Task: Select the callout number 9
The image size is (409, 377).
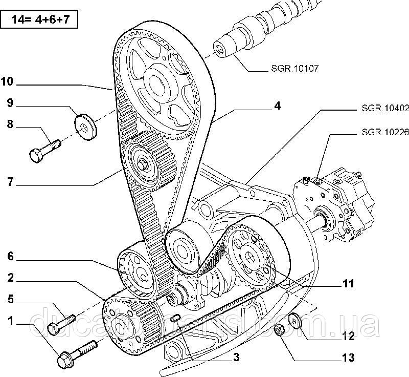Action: pos(10,103)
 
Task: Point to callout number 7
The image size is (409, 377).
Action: pos(10,183)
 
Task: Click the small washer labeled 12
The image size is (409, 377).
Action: pos(295,320)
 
